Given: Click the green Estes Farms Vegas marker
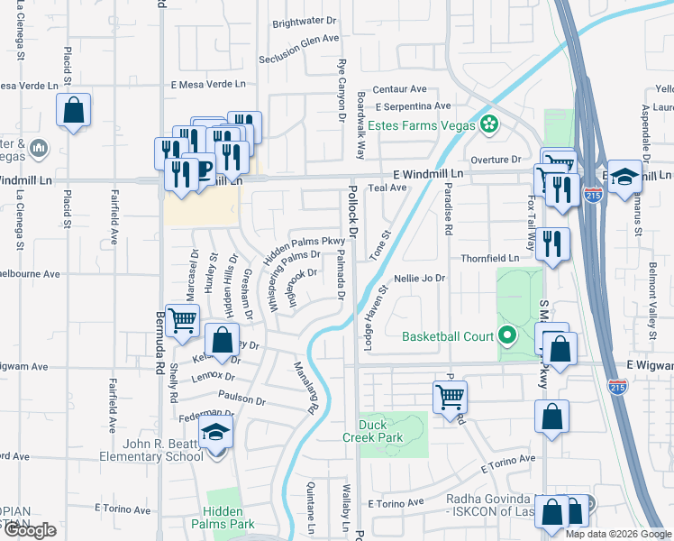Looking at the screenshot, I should [x=489, y=124].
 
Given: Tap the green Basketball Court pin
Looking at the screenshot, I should [x=506, y=337].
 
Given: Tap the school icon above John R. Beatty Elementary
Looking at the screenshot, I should [x=216, y=435].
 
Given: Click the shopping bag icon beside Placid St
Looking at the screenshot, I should [x=74, y=112].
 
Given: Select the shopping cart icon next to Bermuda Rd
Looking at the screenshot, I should [x=183, y=320].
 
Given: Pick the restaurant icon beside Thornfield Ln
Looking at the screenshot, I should [x=551, y=243].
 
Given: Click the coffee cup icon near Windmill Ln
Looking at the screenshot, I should [x=203, y=169].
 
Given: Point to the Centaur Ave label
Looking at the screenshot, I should [x=399, y=89].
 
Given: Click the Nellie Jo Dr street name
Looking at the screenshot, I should [x=420, y=278].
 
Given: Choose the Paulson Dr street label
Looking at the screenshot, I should [x=241, y=399].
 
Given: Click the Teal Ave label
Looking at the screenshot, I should [x=387, y=188].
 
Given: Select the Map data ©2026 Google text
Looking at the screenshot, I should [x=618, y=534].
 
